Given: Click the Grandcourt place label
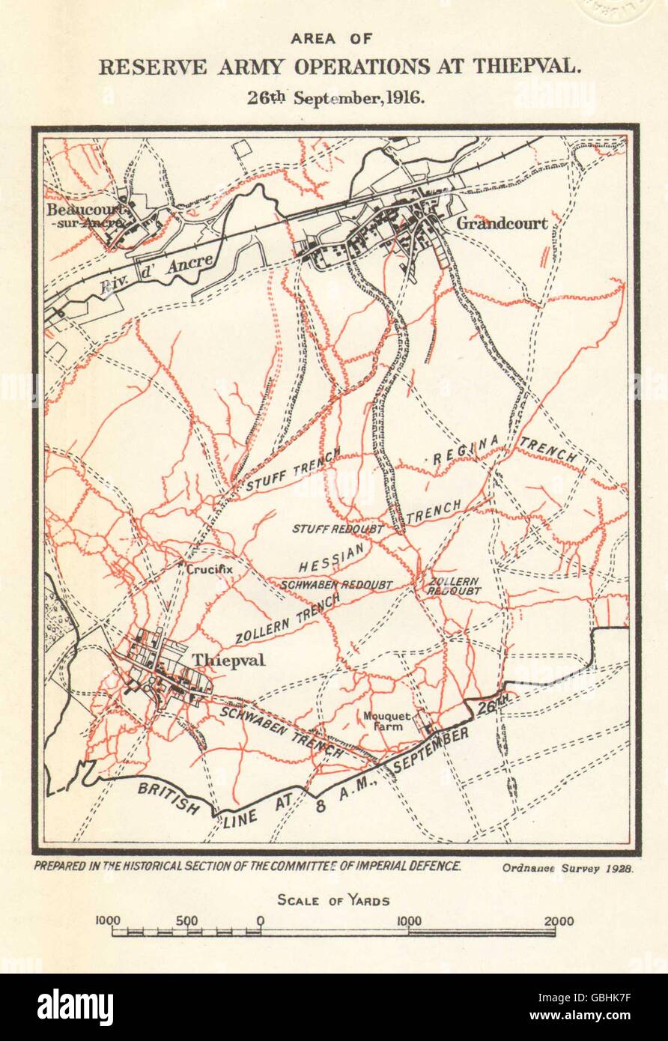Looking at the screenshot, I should (501, 222).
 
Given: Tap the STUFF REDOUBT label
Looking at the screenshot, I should (337, 529).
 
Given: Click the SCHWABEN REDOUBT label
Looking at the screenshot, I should (338, 583).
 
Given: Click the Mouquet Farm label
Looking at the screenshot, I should (386, 721).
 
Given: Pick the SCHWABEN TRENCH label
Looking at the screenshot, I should (282, 732).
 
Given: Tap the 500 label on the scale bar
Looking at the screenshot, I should (187, 921).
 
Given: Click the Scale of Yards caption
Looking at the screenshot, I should (333, 900).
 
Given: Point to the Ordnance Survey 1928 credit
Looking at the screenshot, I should (564, 868).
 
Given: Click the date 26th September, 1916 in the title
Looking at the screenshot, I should (333, 98).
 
